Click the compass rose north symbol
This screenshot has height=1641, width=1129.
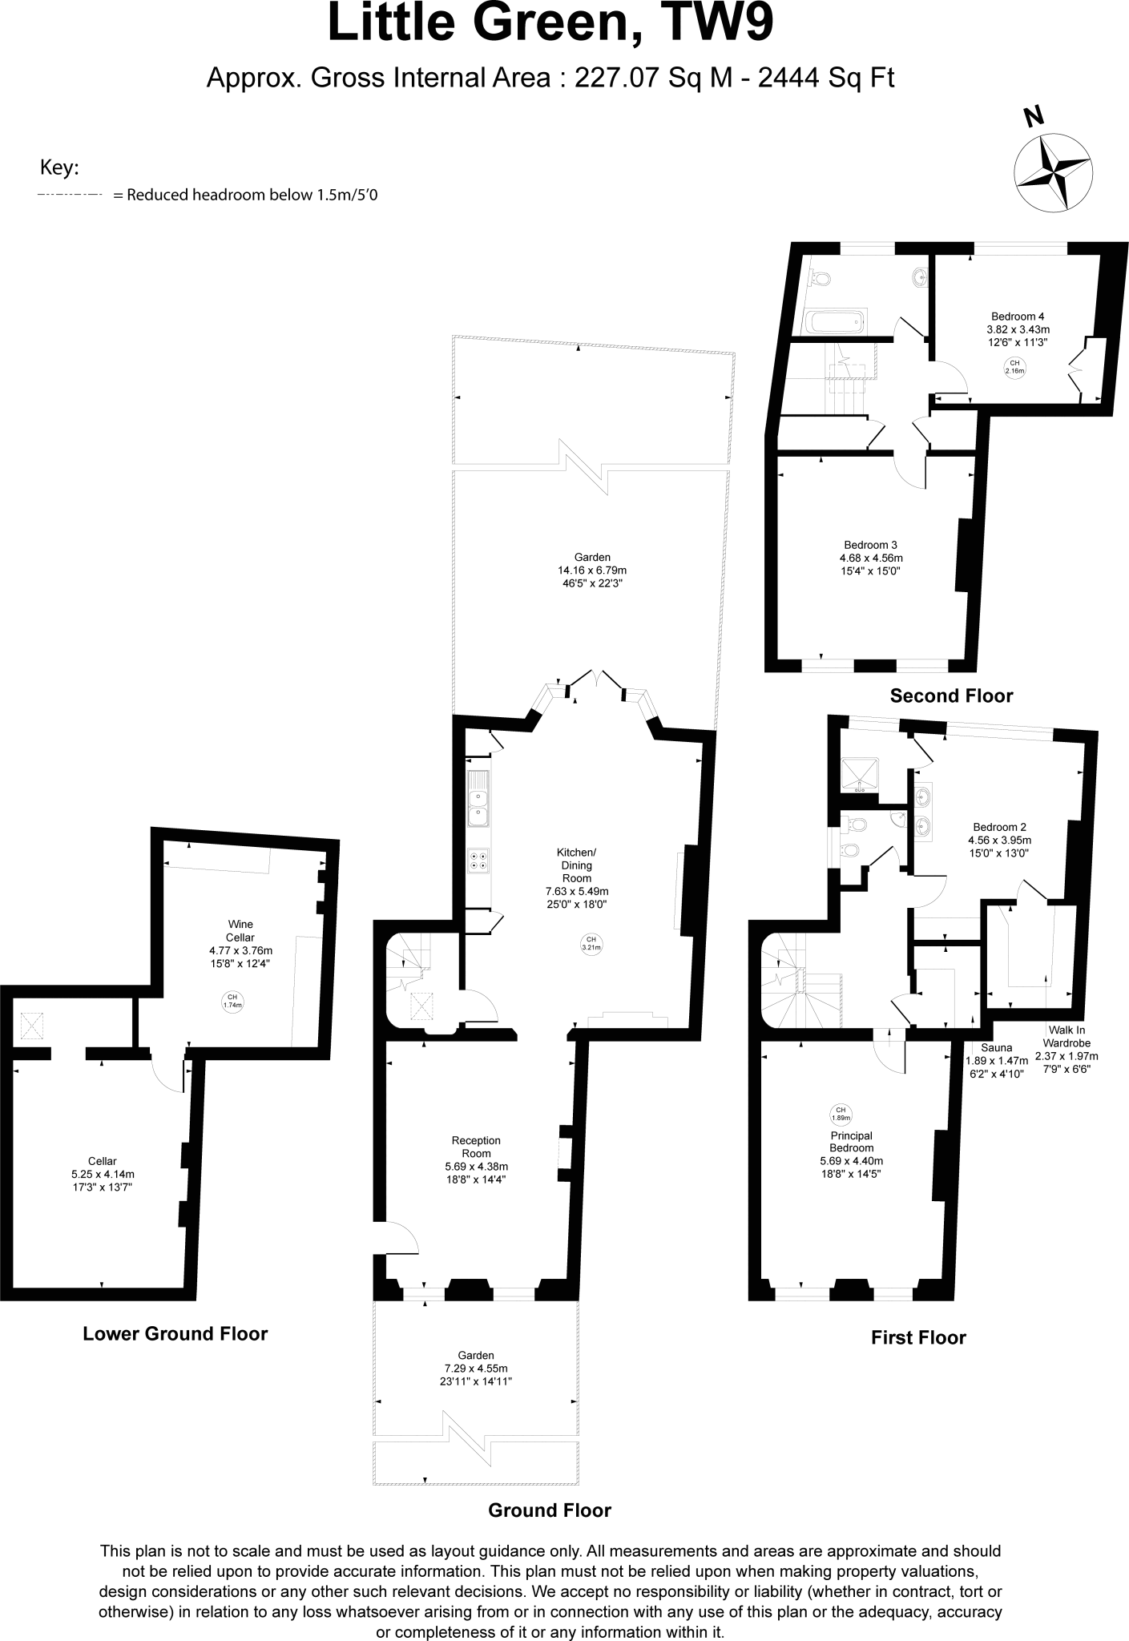click(x=1052, y=171)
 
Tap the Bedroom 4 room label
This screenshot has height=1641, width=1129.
click(x=1018, y=316)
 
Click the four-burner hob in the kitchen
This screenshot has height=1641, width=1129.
click(x=479, y=860)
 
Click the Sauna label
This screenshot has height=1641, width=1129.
click(x=996, y=1047)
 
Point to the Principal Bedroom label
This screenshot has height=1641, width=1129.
click(x=851, y=1142)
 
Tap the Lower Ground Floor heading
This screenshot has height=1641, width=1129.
click(x=175, y=1334)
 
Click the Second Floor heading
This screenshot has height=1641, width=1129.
click(x=951, y=696)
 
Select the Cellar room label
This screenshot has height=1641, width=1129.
click(x=103, y=1161)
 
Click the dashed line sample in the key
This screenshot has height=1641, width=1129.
click(x=70, y=195)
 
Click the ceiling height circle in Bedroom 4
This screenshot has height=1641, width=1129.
click(x=1015, y=367)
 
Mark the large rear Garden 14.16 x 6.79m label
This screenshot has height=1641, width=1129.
click(x=592, y=570)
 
